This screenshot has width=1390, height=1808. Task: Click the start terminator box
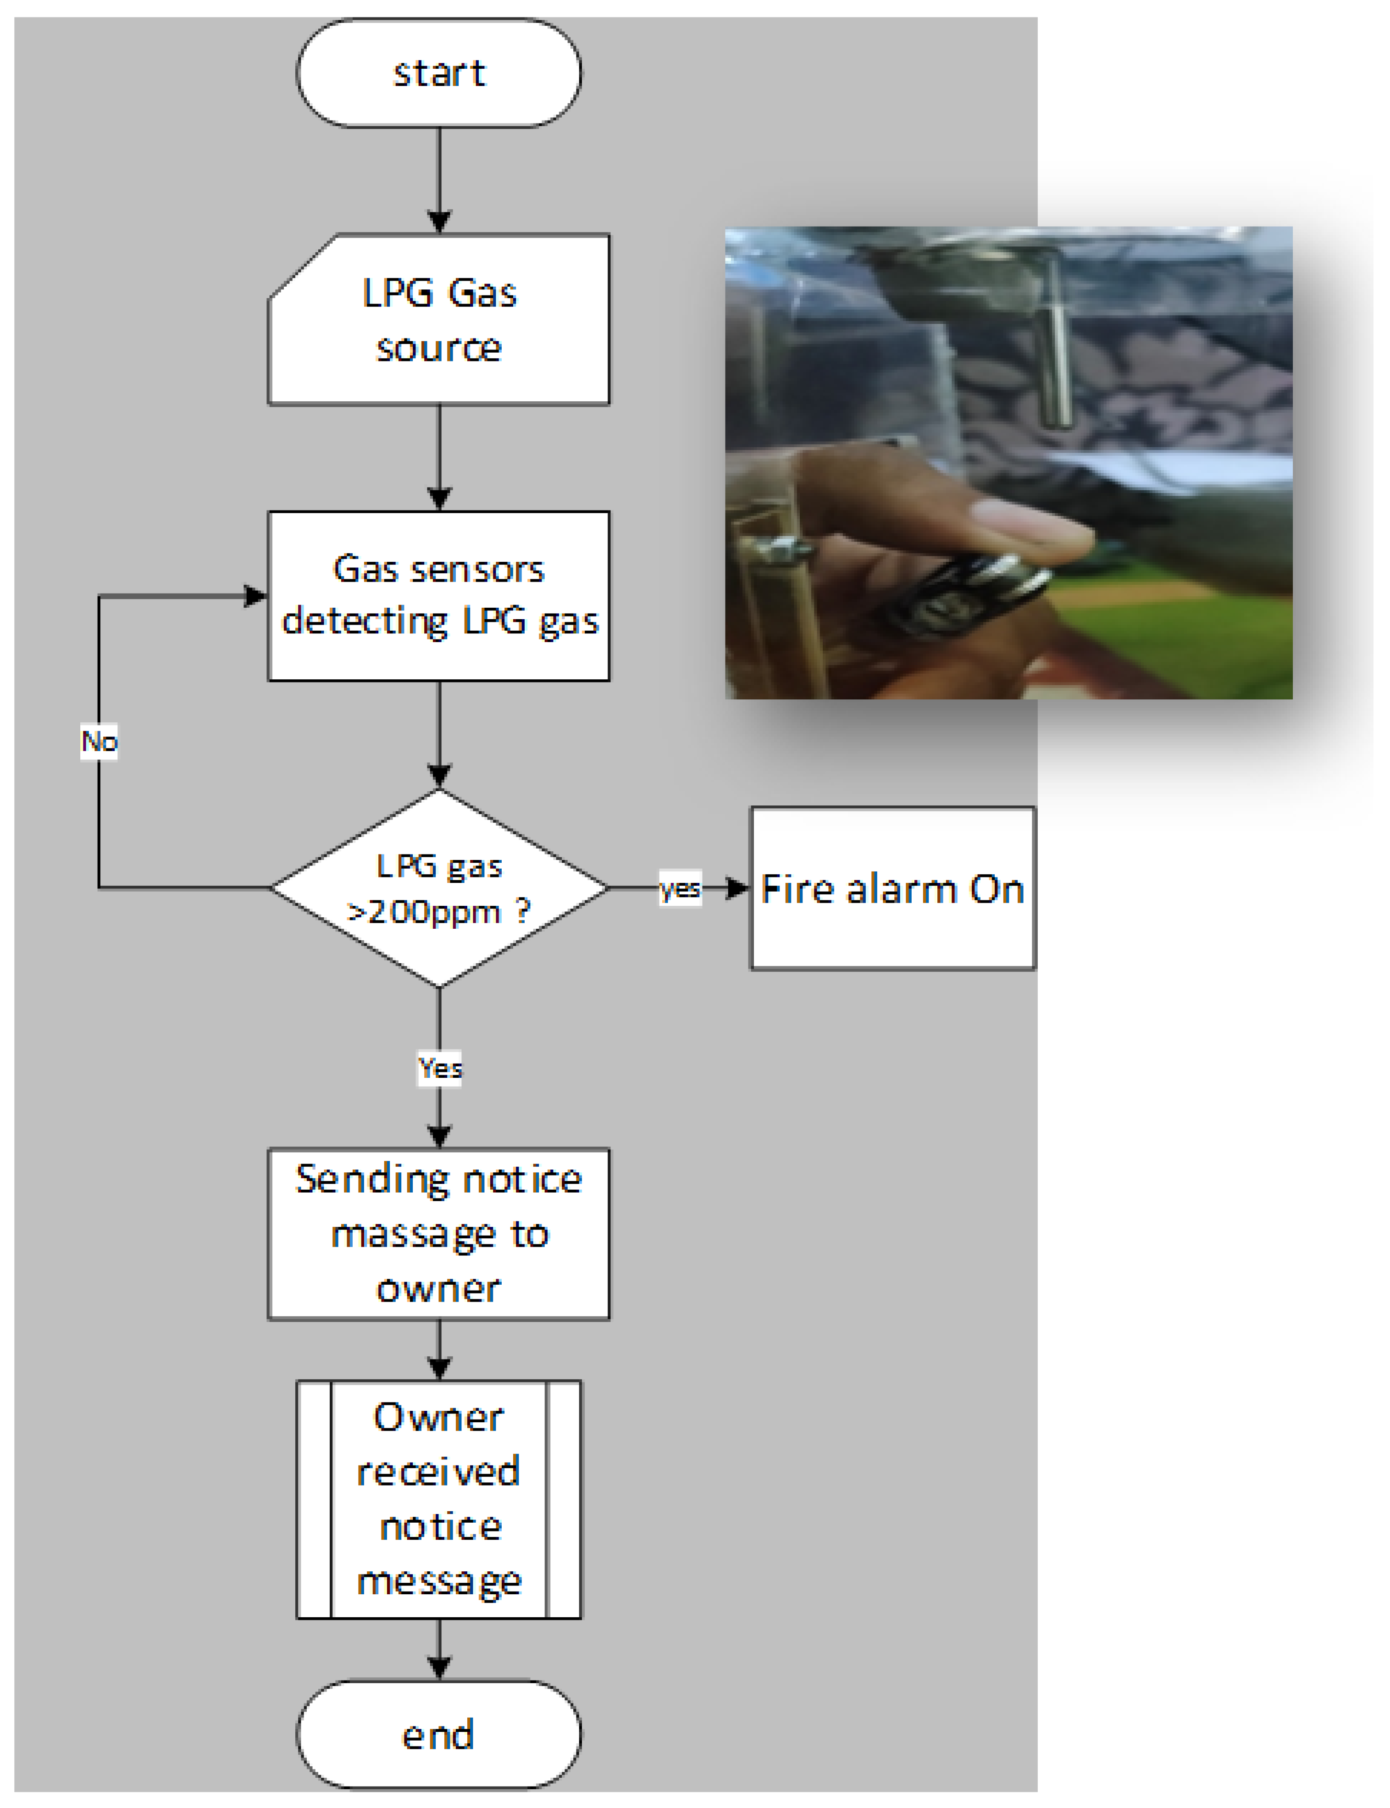pos(438,73)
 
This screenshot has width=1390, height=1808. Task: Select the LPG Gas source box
pos(438,320)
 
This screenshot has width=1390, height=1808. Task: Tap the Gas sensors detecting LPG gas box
pos(438,596)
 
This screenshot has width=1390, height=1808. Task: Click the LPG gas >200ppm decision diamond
pos(438,888)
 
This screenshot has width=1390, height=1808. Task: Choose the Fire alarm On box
pos(892,888)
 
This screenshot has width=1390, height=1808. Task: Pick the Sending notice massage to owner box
pos(438,1233)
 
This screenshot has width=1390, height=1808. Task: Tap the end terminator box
pos(438,1734)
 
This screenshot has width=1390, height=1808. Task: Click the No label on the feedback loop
pos(99,741)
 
